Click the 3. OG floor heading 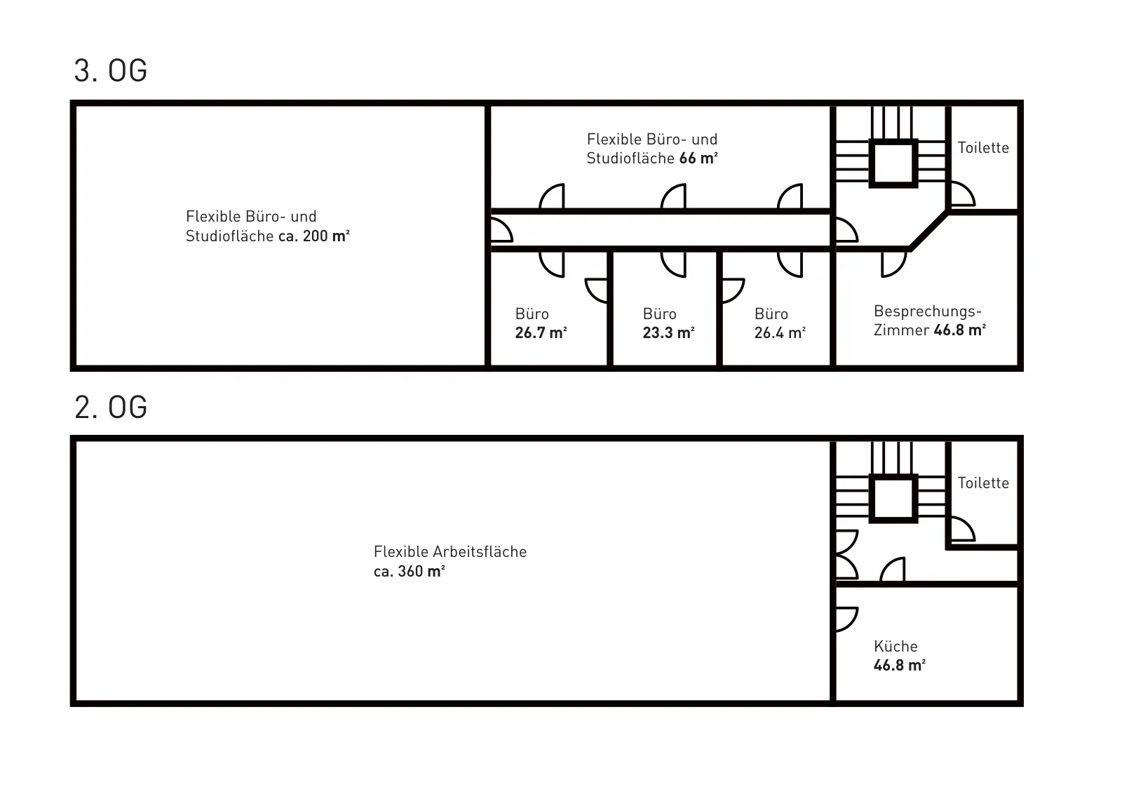tap(111, 71)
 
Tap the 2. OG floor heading tap(111, 407)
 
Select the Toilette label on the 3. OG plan tap(983, 148)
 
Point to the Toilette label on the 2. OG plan tap(983, 483)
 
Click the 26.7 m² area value tap(541, 332)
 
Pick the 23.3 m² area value tap(669, 332)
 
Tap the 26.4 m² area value tap(780, 332)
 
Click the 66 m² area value tap(698, 159)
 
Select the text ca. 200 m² tap(314, 236)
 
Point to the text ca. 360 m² tap(410, 571)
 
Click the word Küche tap(895, 646)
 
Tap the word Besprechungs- tap(928, 311)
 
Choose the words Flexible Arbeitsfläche tap(450, 551)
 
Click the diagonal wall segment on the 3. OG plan tap(929, 230)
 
